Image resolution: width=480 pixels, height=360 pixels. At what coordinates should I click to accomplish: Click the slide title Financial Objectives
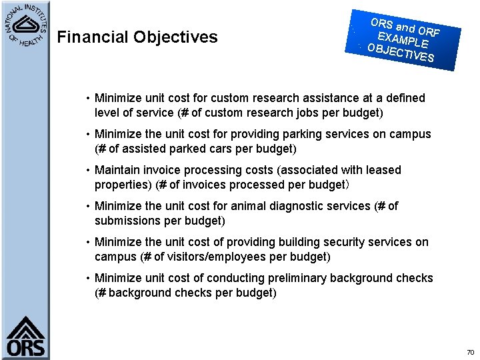coord(137,37)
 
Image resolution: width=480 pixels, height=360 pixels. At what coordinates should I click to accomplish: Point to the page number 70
coord(470,352)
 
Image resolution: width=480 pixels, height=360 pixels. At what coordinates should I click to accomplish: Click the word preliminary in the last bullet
coord(298,278)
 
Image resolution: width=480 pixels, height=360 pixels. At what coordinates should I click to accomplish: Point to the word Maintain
coord(117,170)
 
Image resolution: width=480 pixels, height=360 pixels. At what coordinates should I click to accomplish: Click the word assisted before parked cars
coord(143,149)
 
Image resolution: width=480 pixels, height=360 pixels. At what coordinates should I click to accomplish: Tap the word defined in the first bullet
coord(404,98)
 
